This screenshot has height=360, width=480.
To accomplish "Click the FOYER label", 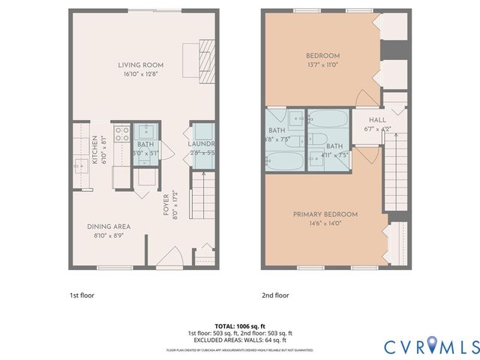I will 166,202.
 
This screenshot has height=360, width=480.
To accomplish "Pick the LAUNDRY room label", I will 201,144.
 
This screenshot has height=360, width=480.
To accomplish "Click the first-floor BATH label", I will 145,144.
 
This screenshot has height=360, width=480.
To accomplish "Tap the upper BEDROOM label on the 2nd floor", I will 323,56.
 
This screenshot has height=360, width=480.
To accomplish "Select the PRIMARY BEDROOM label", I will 325,214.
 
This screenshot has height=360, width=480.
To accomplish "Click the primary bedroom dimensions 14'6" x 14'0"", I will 325,223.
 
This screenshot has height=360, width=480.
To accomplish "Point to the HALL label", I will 378,120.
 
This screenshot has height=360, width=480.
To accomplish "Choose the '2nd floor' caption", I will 275,295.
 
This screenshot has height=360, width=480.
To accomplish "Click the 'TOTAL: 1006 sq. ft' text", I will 240,326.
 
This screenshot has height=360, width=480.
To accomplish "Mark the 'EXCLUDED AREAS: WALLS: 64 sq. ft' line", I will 240,340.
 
